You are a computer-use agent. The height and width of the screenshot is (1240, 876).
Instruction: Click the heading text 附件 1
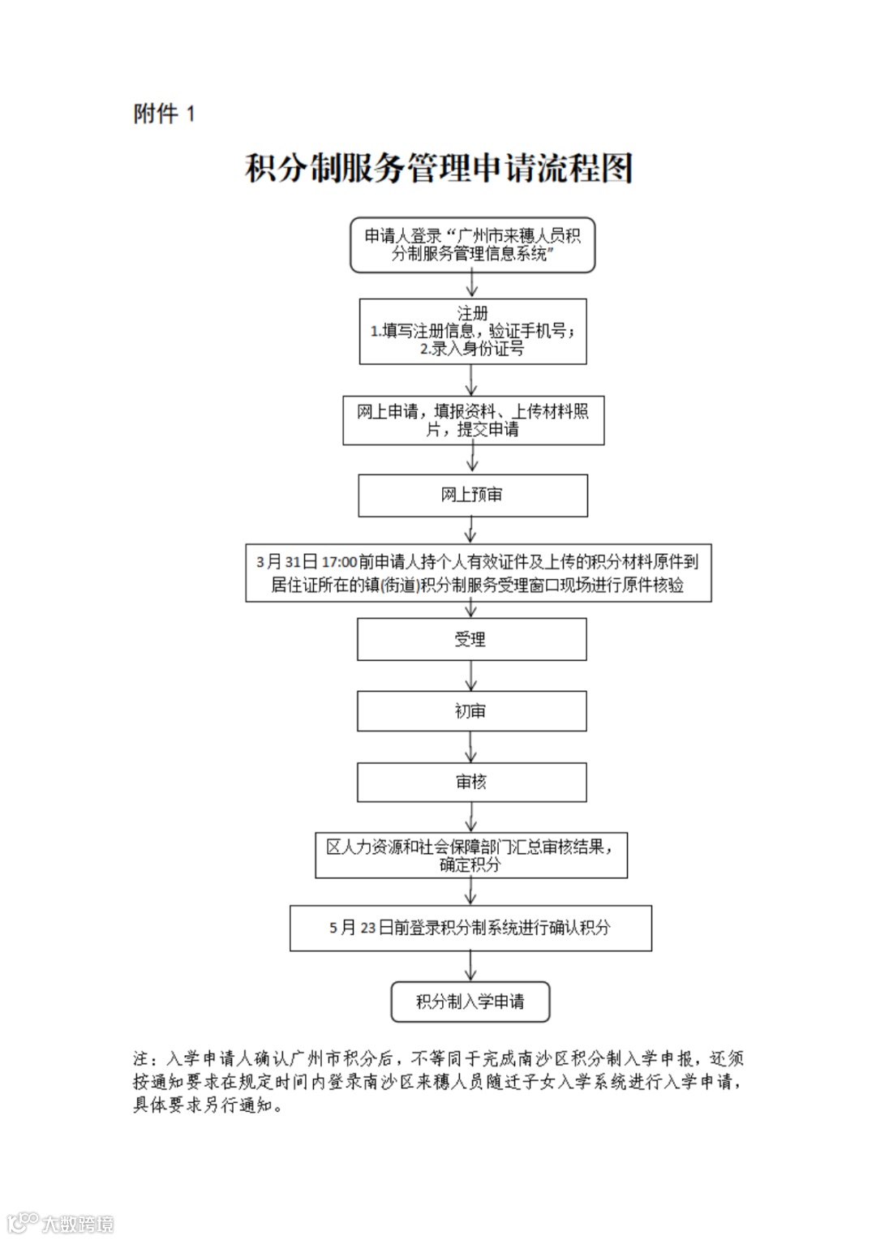(x=165, y=114)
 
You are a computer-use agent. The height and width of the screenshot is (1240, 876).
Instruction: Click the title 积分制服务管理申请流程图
(x=438, y=169)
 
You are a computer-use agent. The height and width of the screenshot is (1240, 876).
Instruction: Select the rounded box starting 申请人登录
(x=472, y=244)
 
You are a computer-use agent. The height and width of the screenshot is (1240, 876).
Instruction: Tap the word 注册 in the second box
(x=472, y=313)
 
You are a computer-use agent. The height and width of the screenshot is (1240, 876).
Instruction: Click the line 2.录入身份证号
(x=472, y=349)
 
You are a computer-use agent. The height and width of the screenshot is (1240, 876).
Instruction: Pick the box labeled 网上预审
(x=472, y=495)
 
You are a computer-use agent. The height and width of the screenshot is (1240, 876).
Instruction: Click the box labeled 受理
(x=471, y=639)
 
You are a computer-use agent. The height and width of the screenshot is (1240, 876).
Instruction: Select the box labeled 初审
(x=471, y=711)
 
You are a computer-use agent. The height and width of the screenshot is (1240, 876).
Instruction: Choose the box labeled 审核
(x=471, y=782)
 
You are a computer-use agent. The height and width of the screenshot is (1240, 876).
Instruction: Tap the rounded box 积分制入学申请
(x=470, y=1002)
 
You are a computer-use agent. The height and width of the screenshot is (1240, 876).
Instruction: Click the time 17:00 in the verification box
(x=339, y=562)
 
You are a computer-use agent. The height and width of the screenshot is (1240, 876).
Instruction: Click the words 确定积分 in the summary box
(x=470, y=865)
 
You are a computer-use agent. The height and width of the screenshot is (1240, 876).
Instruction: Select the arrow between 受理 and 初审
(x=471, y=676)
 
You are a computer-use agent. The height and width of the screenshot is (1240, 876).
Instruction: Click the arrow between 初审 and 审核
(x=471, y=747)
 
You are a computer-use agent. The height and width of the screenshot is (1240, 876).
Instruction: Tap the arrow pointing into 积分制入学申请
(x=471, y=966)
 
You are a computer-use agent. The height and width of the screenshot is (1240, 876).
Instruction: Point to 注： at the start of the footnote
(x=144, y=1058)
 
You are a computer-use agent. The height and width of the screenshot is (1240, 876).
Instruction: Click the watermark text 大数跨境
(x=77, y=1223)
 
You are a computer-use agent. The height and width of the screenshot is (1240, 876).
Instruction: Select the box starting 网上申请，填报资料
(x=473, y=420)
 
